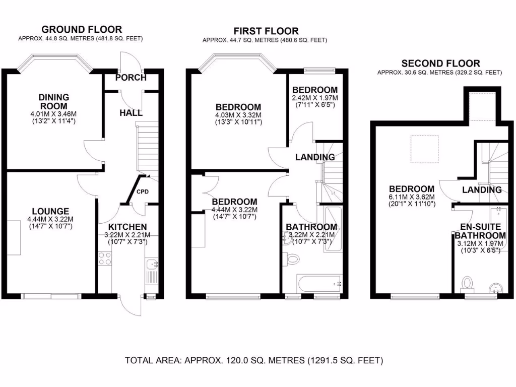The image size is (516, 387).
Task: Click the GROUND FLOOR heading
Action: (81, 30)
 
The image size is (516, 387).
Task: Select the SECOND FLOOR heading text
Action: (440, 63)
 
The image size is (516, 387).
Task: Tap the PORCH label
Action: (131, 78)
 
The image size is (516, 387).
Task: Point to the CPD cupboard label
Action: (142, 191)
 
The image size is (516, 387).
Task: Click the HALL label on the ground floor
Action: (131, 114)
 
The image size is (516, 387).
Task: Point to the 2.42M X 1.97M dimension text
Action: (314, 98)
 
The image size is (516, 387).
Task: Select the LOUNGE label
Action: (50, 211)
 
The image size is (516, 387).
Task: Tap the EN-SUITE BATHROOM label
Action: (480, 231)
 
